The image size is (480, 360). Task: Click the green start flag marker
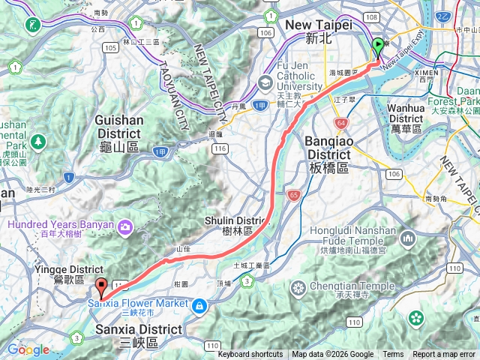377,46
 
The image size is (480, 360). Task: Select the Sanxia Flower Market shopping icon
199,305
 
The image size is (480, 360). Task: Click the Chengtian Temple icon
298,288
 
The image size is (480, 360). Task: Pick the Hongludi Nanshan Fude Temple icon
409,239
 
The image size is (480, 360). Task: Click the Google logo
28,349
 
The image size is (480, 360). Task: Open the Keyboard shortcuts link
250,355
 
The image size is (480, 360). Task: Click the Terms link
393,355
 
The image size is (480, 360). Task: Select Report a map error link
444,355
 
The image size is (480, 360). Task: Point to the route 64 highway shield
341,122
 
